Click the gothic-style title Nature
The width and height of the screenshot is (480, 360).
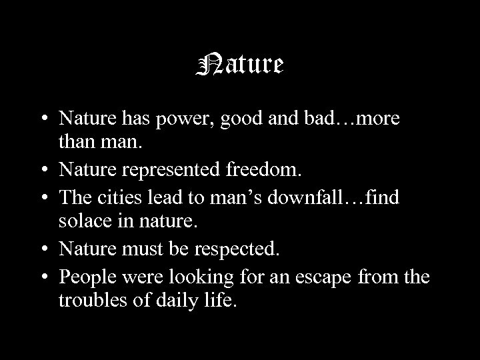(241, 65)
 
